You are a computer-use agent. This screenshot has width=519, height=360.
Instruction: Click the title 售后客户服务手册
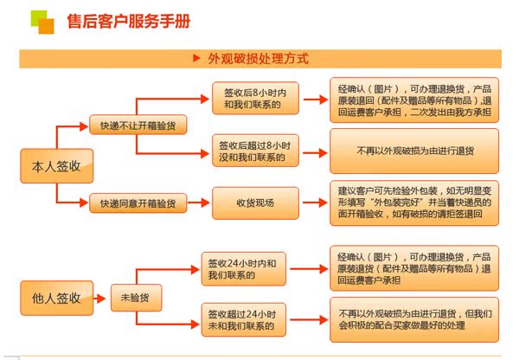129,22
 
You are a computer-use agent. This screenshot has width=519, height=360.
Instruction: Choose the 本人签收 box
56,165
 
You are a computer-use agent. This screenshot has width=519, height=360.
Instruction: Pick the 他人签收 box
56,298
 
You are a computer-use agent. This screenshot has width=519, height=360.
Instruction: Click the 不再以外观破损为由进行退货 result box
414,151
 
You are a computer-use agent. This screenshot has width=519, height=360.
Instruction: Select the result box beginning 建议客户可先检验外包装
414,204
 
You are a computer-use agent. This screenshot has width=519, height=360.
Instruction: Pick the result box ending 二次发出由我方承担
414,100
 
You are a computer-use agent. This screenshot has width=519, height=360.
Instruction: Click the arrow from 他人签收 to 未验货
101,298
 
